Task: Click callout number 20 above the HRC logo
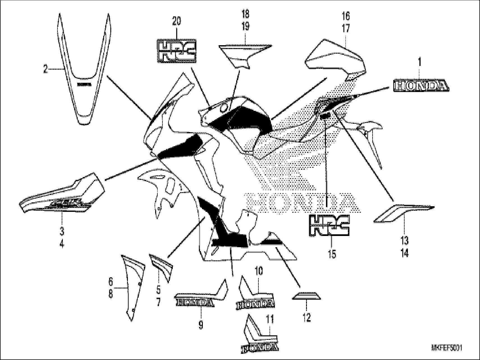[176, 21]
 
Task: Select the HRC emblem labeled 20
[176, 51]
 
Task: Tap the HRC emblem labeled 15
[329, 225]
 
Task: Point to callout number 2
[46, 69]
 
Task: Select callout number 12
[307, 318]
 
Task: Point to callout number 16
[346, 16]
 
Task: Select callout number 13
[404, 241]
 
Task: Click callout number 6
[111, 281]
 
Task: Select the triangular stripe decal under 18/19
[244, 55]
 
